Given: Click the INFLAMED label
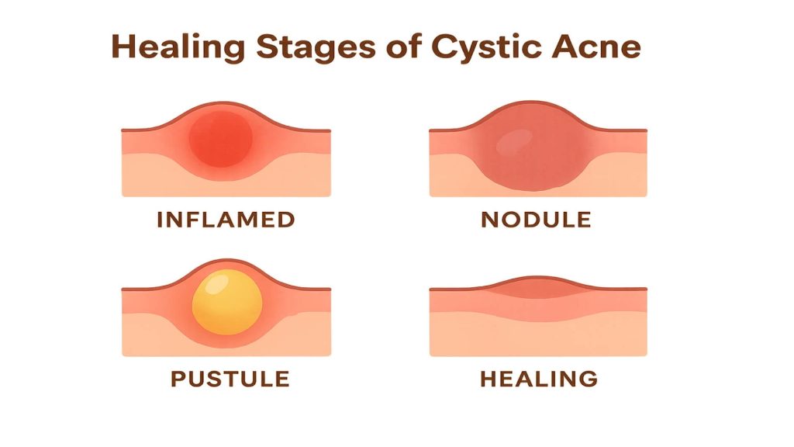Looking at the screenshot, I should [x=226, y=220].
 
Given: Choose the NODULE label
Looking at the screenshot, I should [x=536, y=220].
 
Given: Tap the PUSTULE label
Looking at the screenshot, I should [x=230, y=379].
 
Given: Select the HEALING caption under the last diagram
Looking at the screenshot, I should [x=539, y=379].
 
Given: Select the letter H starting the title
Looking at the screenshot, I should [x=124, y=47].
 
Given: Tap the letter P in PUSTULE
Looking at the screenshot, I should [x=177, y=379].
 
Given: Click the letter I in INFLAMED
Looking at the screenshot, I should [x=160, y=220].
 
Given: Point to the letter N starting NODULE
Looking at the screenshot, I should [x=489, y=220].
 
